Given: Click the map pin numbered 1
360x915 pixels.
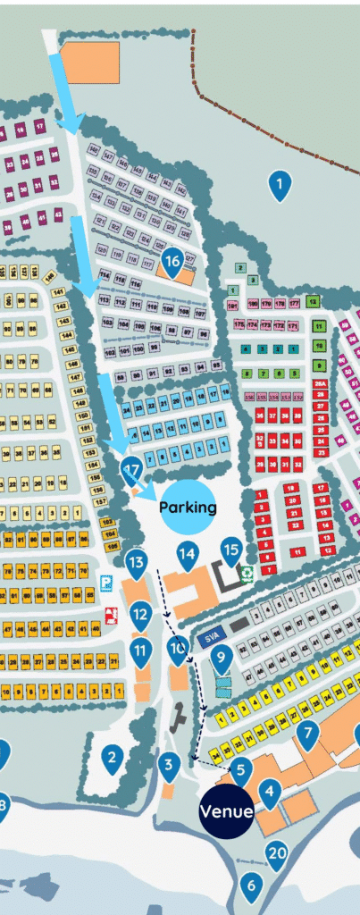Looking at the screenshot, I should coord(280,185).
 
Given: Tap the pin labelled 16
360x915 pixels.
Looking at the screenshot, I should coord(172,261).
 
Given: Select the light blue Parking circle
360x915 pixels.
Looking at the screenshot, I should coord(188,507).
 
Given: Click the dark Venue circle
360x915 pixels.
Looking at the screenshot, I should coord(227,812).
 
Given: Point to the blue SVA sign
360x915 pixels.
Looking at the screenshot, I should coord(211,638).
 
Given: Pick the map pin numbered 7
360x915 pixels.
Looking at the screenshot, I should coord(308,735).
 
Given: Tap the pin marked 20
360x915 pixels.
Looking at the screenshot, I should coord(277,853).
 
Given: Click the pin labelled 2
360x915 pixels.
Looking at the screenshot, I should coord(112,760).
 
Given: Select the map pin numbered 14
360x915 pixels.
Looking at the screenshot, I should coord(187,556).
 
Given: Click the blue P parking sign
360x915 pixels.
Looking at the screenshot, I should coord(106,583).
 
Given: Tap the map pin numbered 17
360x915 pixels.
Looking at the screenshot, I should coord(131,469).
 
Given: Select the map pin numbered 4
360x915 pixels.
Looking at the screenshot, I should coord(270,791).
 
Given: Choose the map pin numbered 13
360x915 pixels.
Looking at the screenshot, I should coord(136,563).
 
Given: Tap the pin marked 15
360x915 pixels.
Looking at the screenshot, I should coord(231,551).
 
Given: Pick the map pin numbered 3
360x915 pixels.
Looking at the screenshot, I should coord(169,764).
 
